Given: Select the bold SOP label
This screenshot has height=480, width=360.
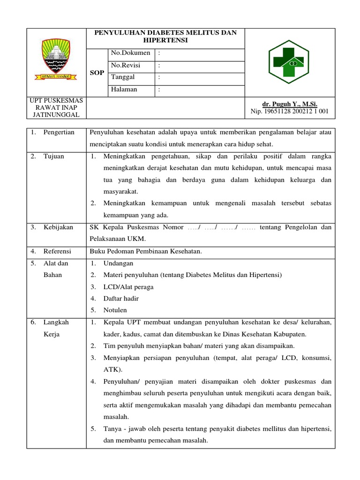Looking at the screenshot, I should click(97, 73).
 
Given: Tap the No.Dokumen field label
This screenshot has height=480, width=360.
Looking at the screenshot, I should click(130, 53).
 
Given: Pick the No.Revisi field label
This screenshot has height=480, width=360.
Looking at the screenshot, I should click(126, 65).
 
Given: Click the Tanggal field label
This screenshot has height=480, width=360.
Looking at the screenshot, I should click(123, 77).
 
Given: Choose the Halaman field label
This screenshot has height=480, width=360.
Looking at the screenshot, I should click(124, 89).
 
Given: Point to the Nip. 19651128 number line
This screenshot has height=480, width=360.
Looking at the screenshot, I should click(290, 111).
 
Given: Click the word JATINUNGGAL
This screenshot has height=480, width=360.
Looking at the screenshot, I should click(56, 115).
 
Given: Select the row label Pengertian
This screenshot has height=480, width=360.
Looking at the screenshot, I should click(59, 132).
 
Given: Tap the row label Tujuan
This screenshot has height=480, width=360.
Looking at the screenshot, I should click(54, 157).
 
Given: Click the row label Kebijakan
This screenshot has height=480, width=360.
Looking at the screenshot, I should click(58, 227).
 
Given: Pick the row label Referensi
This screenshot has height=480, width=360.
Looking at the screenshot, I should click(58, 252).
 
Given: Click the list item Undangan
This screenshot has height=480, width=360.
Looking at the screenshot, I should click(118, 263).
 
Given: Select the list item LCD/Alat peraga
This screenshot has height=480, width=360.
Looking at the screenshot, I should click(128, 287).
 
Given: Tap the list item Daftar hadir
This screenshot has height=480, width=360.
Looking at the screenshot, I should click(121, 299).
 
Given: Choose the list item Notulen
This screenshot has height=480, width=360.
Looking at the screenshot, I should click(115, 310).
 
